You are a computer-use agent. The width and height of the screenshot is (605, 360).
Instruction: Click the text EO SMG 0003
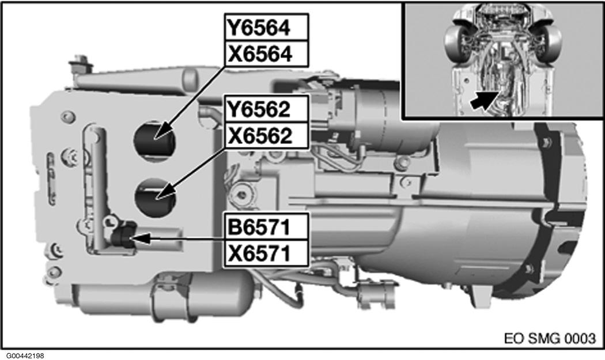pos(550,337)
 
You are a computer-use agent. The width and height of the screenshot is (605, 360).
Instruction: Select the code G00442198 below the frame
pos(27,355)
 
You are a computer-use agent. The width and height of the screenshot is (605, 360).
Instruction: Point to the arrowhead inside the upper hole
pos(164,132)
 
